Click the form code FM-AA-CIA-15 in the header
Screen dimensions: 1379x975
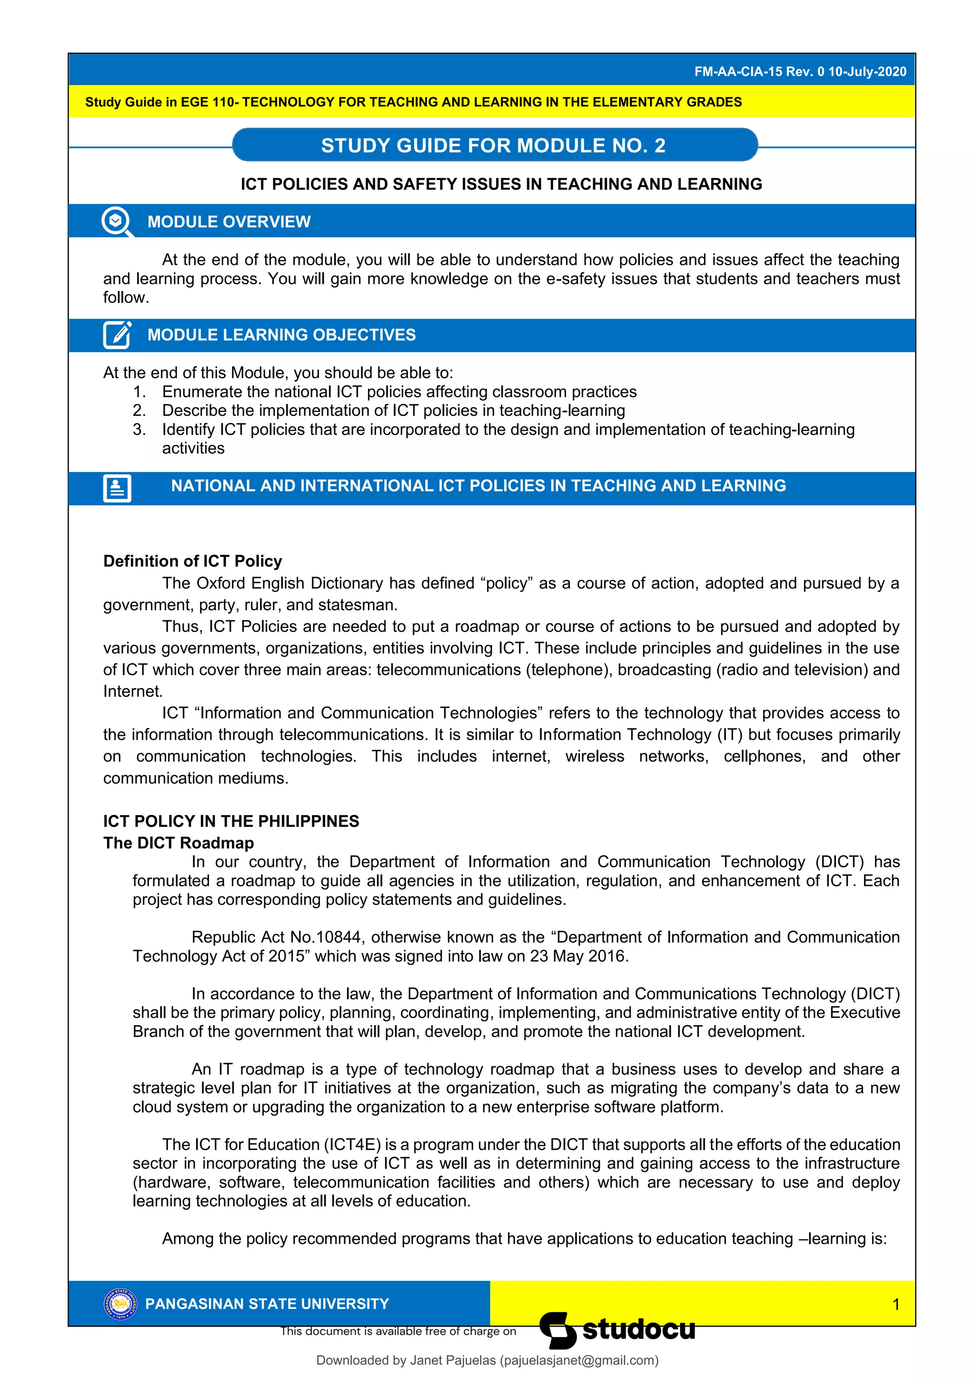pyautogui.click(x=738, y=71)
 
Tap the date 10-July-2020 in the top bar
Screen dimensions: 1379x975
pyautogui.click(x=867, y=71)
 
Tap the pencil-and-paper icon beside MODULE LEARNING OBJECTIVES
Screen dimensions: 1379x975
pyautogui.click(x=117, y=334)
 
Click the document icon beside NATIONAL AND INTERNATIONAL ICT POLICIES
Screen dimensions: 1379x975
pyautogui.click(x=117, y=488)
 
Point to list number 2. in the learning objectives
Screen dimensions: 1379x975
pyautogui.click(x=139, y=410)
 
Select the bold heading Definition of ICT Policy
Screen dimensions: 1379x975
pyautogui.click(x=192, y=561)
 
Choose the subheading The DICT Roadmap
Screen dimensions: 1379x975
pyautogui.click(x=179, y=843)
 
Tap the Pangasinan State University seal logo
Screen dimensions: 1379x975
pyautogui.click(x=120, y=1303)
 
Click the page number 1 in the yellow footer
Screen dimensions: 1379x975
pyautogui.click(x=896, y=1304)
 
